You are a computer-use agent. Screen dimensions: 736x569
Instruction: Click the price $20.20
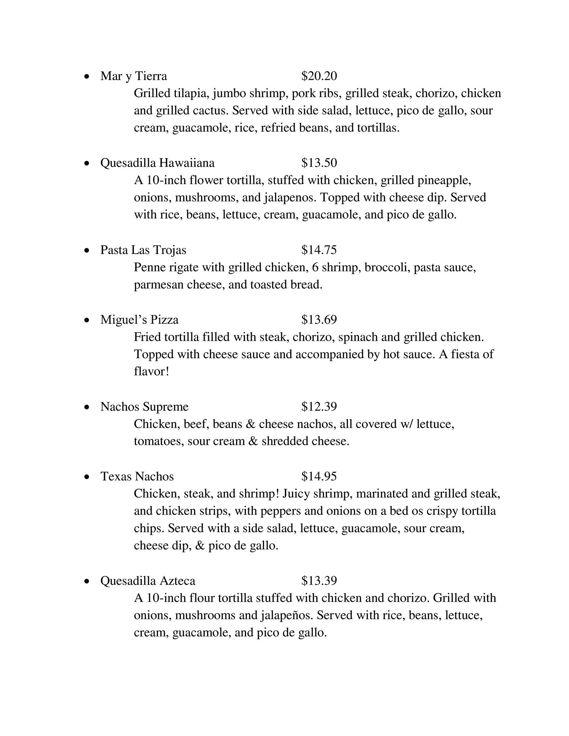(319, 76)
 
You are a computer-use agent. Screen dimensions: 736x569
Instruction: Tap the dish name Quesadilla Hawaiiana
(157, 163)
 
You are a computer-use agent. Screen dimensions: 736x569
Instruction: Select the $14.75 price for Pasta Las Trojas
(319, 250)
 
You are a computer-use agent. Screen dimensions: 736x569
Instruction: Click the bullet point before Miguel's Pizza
(86, 320)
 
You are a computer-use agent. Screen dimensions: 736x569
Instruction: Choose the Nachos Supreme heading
(144, 407)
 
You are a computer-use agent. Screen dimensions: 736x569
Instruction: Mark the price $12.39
(319, 407)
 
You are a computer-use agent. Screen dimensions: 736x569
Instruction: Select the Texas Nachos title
(137, 477)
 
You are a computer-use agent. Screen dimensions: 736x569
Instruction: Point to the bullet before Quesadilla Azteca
(86, 581)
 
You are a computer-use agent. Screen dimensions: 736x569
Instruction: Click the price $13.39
(319, 581)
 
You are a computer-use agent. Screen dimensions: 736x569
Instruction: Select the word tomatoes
(159, 441)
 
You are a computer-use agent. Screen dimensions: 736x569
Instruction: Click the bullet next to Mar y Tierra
(86, 77)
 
